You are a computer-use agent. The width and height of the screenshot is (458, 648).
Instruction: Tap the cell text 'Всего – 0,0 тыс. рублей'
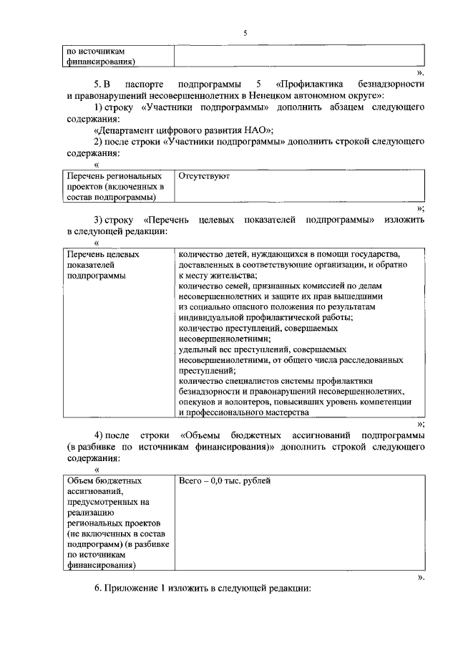(x=224, y=480)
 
